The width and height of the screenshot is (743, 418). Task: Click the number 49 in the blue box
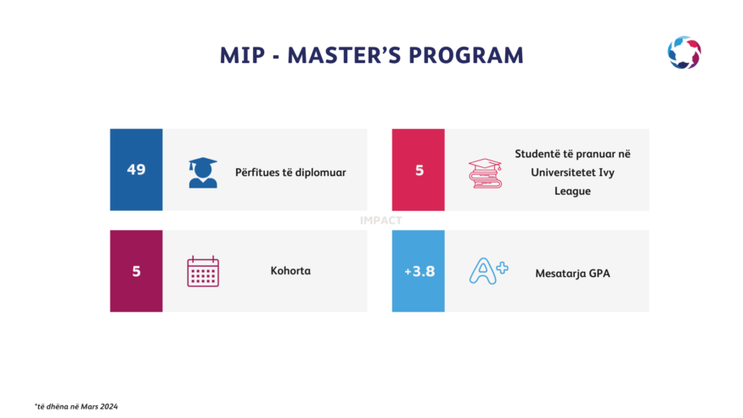[x=136, y=170]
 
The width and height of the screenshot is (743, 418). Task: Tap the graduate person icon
[x=203, y=172]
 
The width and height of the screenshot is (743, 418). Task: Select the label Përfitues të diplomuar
[x=290, y=172]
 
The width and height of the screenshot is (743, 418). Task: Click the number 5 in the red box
[x=419, y=171]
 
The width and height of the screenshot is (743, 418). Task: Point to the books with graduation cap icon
[x=485, y=173]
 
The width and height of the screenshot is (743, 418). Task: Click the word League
[x=572, y=191]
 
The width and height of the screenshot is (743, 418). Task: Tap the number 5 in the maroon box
[x=136, y=272]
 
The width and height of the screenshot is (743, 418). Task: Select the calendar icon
[x=203, y=271]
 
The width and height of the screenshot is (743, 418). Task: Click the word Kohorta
[x=290, y=271]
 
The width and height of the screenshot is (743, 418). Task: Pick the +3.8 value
[x=419, y=272]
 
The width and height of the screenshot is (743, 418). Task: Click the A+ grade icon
[x=488, y=271]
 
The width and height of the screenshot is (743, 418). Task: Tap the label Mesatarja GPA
[x=572, y=274]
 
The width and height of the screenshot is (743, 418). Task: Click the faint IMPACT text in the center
[x=381, y=220]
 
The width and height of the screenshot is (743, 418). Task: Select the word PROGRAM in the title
[x=466, y=55]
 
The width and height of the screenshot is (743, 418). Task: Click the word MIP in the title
[x=242, y=55]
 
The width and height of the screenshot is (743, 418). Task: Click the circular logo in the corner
[x=684, y=53]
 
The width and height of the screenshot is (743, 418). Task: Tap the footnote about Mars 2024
[x=76, y=407]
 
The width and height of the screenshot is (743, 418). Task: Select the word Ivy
[x=606, y=173]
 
